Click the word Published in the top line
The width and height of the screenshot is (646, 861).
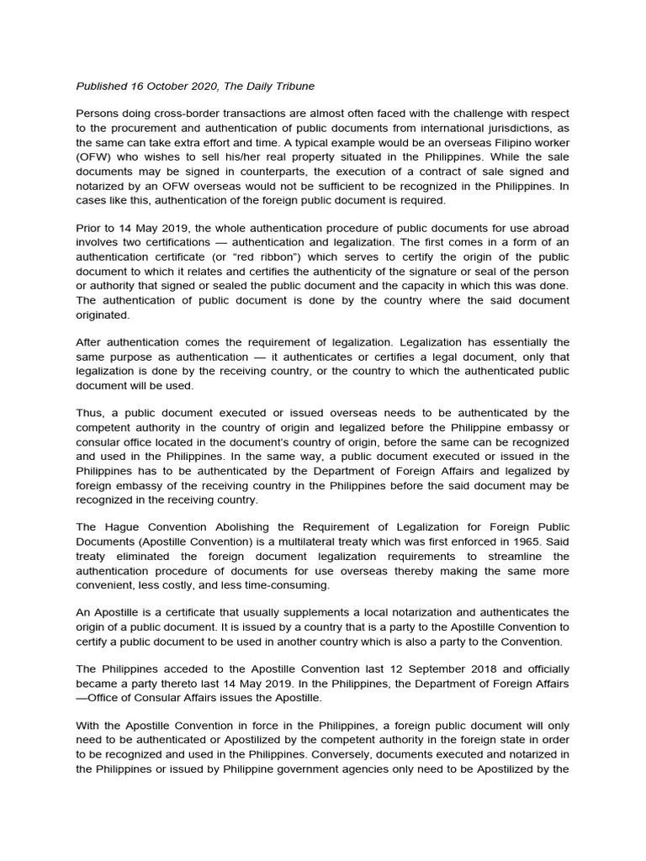[101, 86]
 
